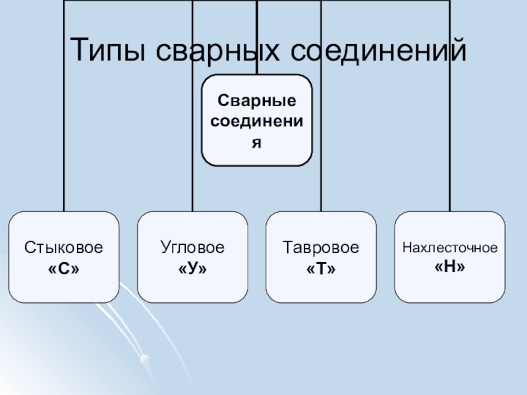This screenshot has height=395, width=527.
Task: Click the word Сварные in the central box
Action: click(x=257, y=103)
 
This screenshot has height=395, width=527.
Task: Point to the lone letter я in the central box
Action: click(x=257, y=142)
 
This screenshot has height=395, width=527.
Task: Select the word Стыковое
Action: click(x=64, y=248)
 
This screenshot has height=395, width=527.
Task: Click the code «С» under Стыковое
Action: click(x=64, y=269)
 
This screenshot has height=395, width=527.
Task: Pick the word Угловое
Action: click(x=192, y=248)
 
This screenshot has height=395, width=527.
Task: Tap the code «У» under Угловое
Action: click(x=192, y=269)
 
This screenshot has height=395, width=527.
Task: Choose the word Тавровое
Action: click(x=321, y=248)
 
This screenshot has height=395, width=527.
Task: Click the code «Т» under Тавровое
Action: click(x=321, y=269)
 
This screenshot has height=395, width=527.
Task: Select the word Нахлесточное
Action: click(x=449, y=249)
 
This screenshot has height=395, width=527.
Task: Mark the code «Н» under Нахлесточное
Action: click(x=449, y=268)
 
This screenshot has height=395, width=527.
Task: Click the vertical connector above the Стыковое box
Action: click(x=64, y=165)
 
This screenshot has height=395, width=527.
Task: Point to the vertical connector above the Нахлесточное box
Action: click(x=450, y=165)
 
